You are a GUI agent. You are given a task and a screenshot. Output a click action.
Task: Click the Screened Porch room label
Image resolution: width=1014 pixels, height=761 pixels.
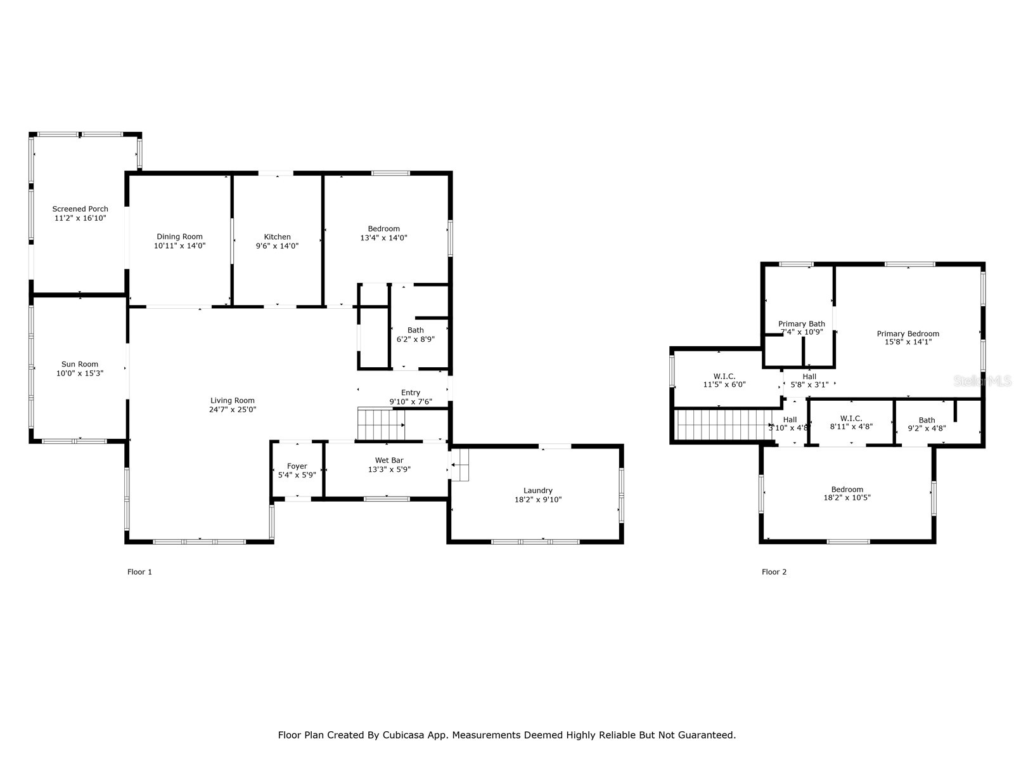80,209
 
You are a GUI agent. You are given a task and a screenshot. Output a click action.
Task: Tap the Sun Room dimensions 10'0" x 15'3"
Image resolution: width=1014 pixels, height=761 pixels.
80,374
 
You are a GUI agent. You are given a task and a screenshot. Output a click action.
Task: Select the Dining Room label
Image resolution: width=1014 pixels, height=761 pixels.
179,237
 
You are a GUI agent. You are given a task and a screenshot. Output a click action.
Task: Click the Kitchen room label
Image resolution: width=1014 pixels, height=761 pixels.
277,237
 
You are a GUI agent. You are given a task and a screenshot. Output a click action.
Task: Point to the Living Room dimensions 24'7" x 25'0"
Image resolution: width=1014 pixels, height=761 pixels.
233,410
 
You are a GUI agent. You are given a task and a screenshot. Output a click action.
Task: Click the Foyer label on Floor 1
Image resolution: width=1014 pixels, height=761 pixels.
297,466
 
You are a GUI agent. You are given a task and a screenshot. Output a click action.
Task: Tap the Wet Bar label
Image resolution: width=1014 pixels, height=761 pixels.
389,460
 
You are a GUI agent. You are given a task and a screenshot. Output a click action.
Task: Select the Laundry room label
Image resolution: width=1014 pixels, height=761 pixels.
537,490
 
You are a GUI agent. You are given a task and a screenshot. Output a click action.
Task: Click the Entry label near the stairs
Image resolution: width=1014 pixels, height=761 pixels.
411,393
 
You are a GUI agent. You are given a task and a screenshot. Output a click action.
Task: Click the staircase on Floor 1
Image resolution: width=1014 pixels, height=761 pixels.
380,424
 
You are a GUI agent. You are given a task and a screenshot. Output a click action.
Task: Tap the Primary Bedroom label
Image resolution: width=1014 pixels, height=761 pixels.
908,334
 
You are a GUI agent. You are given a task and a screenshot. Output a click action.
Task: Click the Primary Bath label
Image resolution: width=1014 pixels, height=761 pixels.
802,324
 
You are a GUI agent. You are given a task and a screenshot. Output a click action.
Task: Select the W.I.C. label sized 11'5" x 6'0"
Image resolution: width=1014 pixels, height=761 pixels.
724,376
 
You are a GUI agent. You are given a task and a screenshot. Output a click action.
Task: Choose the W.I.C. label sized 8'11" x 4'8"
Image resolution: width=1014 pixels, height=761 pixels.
851,418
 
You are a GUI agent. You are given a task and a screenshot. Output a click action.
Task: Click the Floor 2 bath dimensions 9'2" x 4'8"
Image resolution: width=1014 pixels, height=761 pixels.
927,428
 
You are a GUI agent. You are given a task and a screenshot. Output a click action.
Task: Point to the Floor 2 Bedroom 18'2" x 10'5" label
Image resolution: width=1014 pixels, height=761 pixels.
847,490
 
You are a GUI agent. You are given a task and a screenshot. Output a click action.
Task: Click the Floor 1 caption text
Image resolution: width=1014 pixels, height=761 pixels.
139,572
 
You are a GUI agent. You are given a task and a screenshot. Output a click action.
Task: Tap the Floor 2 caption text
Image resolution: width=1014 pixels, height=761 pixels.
774,572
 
